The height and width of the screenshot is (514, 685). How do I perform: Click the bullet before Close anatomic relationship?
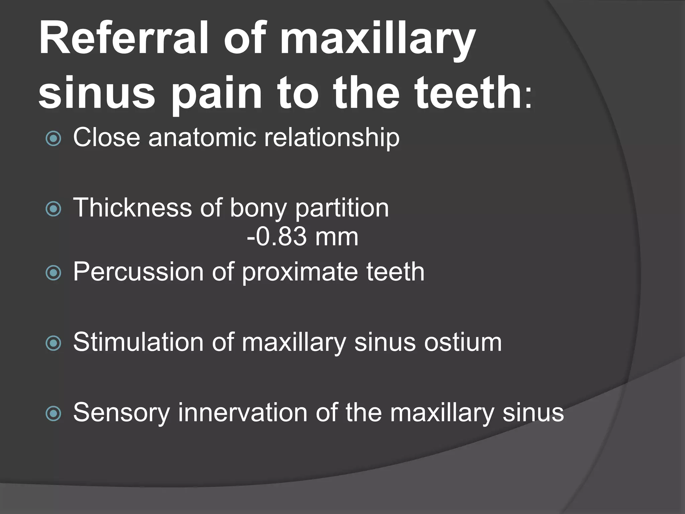tap(54, 138)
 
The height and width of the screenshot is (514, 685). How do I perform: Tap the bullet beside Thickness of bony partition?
tap(54, 209)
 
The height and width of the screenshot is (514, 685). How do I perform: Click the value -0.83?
tap(276, 237)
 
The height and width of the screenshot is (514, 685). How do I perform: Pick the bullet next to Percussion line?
tap(54, 273)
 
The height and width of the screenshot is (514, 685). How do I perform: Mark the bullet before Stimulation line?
tap(54, 343)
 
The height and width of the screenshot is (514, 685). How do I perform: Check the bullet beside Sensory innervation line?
tap(54, 414)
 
